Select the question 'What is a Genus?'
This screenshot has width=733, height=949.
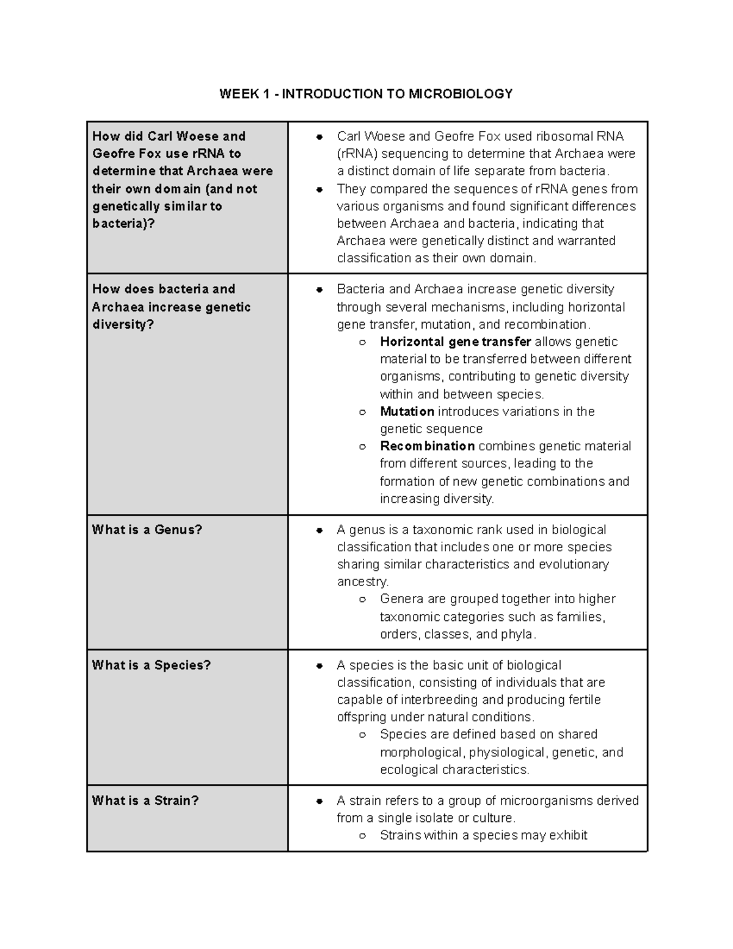coord(147,530)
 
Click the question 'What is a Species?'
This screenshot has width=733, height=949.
coord(151,665)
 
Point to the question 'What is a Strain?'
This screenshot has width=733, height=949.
coord(145,801)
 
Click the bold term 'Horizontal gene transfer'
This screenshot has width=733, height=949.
coord(455,342)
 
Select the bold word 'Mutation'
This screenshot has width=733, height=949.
coord(407,411)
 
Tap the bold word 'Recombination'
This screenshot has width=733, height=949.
coord(427,446)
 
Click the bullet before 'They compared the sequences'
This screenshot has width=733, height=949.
coord(319,189)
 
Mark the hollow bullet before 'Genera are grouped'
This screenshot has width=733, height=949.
coord(362,599)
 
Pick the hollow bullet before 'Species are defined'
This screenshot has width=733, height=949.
coord(362,735)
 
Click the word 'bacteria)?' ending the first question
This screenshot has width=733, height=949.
coord(123,224)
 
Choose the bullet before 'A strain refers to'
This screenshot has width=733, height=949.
coord(319,801)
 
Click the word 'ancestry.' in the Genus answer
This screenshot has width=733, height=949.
coord(363,582)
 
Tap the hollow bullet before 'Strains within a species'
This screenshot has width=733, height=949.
coord(362,836)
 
